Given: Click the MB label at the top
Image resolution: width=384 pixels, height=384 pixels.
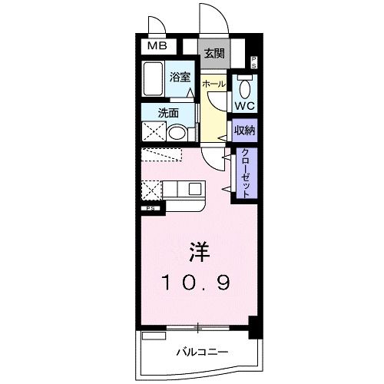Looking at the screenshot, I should (157, 46).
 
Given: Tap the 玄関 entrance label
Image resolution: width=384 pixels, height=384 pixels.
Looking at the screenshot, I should (214, 53).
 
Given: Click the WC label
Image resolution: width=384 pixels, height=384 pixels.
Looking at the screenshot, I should (244, 104).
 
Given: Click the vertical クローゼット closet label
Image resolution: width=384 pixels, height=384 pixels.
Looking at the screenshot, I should (247, 173).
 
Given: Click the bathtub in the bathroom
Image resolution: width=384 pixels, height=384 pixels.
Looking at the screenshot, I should (154, 81).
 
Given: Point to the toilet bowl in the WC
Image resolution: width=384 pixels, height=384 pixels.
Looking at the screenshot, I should (244, 84).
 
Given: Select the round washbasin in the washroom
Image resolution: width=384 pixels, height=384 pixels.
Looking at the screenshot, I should (177, 133).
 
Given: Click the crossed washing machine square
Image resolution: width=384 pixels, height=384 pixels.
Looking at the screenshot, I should (153, 131).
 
